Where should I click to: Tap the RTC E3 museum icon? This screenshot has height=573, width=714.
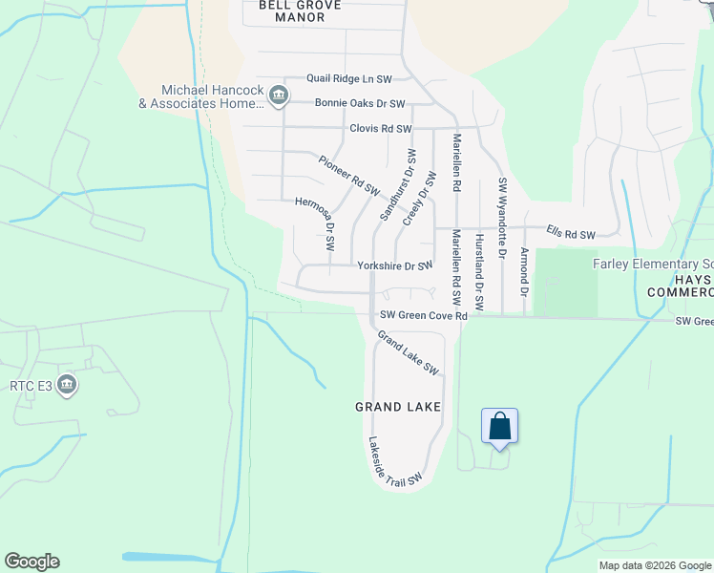(x=67, y=385)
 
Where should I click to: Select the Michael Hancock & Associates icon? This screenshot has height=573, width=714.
(x=279, y=94)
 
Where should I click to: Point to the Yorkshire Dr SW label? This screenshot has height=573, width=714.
(x=394, y=266)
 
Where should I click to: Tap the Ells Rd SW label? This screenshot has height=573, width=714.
(x=570, y=234)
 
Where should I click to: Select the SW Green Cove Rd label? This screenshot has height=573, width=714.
(x=423, y=315)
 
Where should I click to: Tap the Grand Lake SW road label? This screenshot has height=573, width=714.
(x=408, y=352)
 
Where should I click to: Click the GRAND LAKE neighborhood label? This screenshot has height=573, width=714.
(x=398, y=407)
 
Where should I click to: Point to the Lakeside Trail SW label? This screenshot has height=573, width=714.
(x=394, y=462)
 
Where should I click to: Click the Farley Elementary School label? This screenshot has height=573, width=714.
(x=653, y=264)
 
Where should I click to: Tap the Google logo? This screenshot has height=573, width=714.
(x=31, y=562)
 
